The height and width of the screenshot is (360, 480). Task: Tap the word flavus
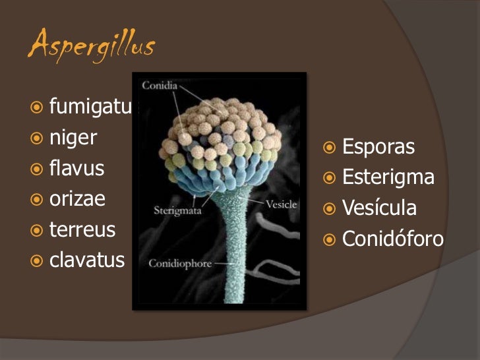click(x=76, y=168)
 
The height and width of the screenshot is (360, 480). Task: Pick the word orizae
click(x=77, y=199)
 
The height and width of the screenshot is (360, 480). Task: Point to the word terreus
click(x=82, y=230)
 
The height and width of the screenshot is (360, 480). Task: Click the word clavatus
click(x=87, y=260)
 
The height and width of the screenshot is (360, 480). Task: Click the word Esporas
click(x=378, y=147)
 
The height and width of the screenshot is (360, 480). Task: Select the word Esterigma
click(x=388, y=177)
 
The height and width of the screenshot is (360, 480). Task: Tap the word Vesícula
click(x=380, y=208)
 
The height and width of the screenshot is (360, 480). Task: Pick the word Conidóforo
click(x=393, y=239)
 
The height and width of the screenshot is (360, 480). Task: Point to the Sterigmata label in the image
click(x=177, y=211)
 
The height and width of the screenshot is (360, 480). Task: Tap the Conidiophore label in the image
click(x=180, y=264)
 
